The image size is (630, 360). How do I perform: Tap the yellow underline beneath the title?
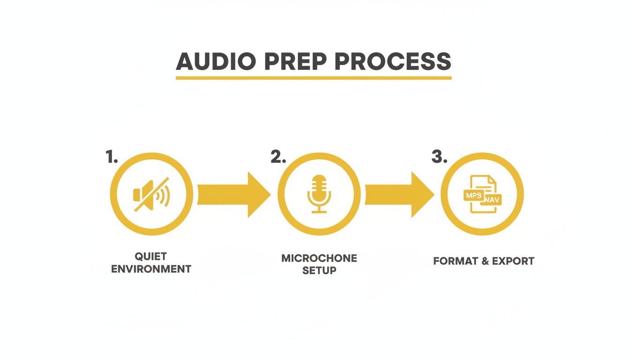tap(314, 77)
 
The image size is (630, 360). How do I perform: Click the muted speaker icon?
tap(151, 194)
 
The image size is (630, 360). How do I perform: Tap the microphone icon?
tap(319, 194)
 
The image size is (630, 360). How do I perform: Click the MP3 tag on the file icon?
tap(473, 195)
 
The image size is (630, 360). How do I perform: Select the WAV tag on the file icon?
tap(491, 200)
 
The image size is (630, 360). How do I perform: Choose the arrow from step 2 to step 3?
tap(399, 195)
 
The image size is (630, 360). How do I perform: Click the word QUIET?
tap(150, 256)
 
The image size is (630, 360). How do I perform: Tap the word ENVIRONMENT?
tap(151, 269)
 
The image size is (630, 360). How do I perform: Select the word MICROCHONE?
tap(319, 258)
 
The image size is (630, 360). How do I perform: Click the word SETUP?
tap(319, 270)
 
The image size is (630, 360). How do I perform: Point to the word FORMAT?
tap(453, 261)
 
